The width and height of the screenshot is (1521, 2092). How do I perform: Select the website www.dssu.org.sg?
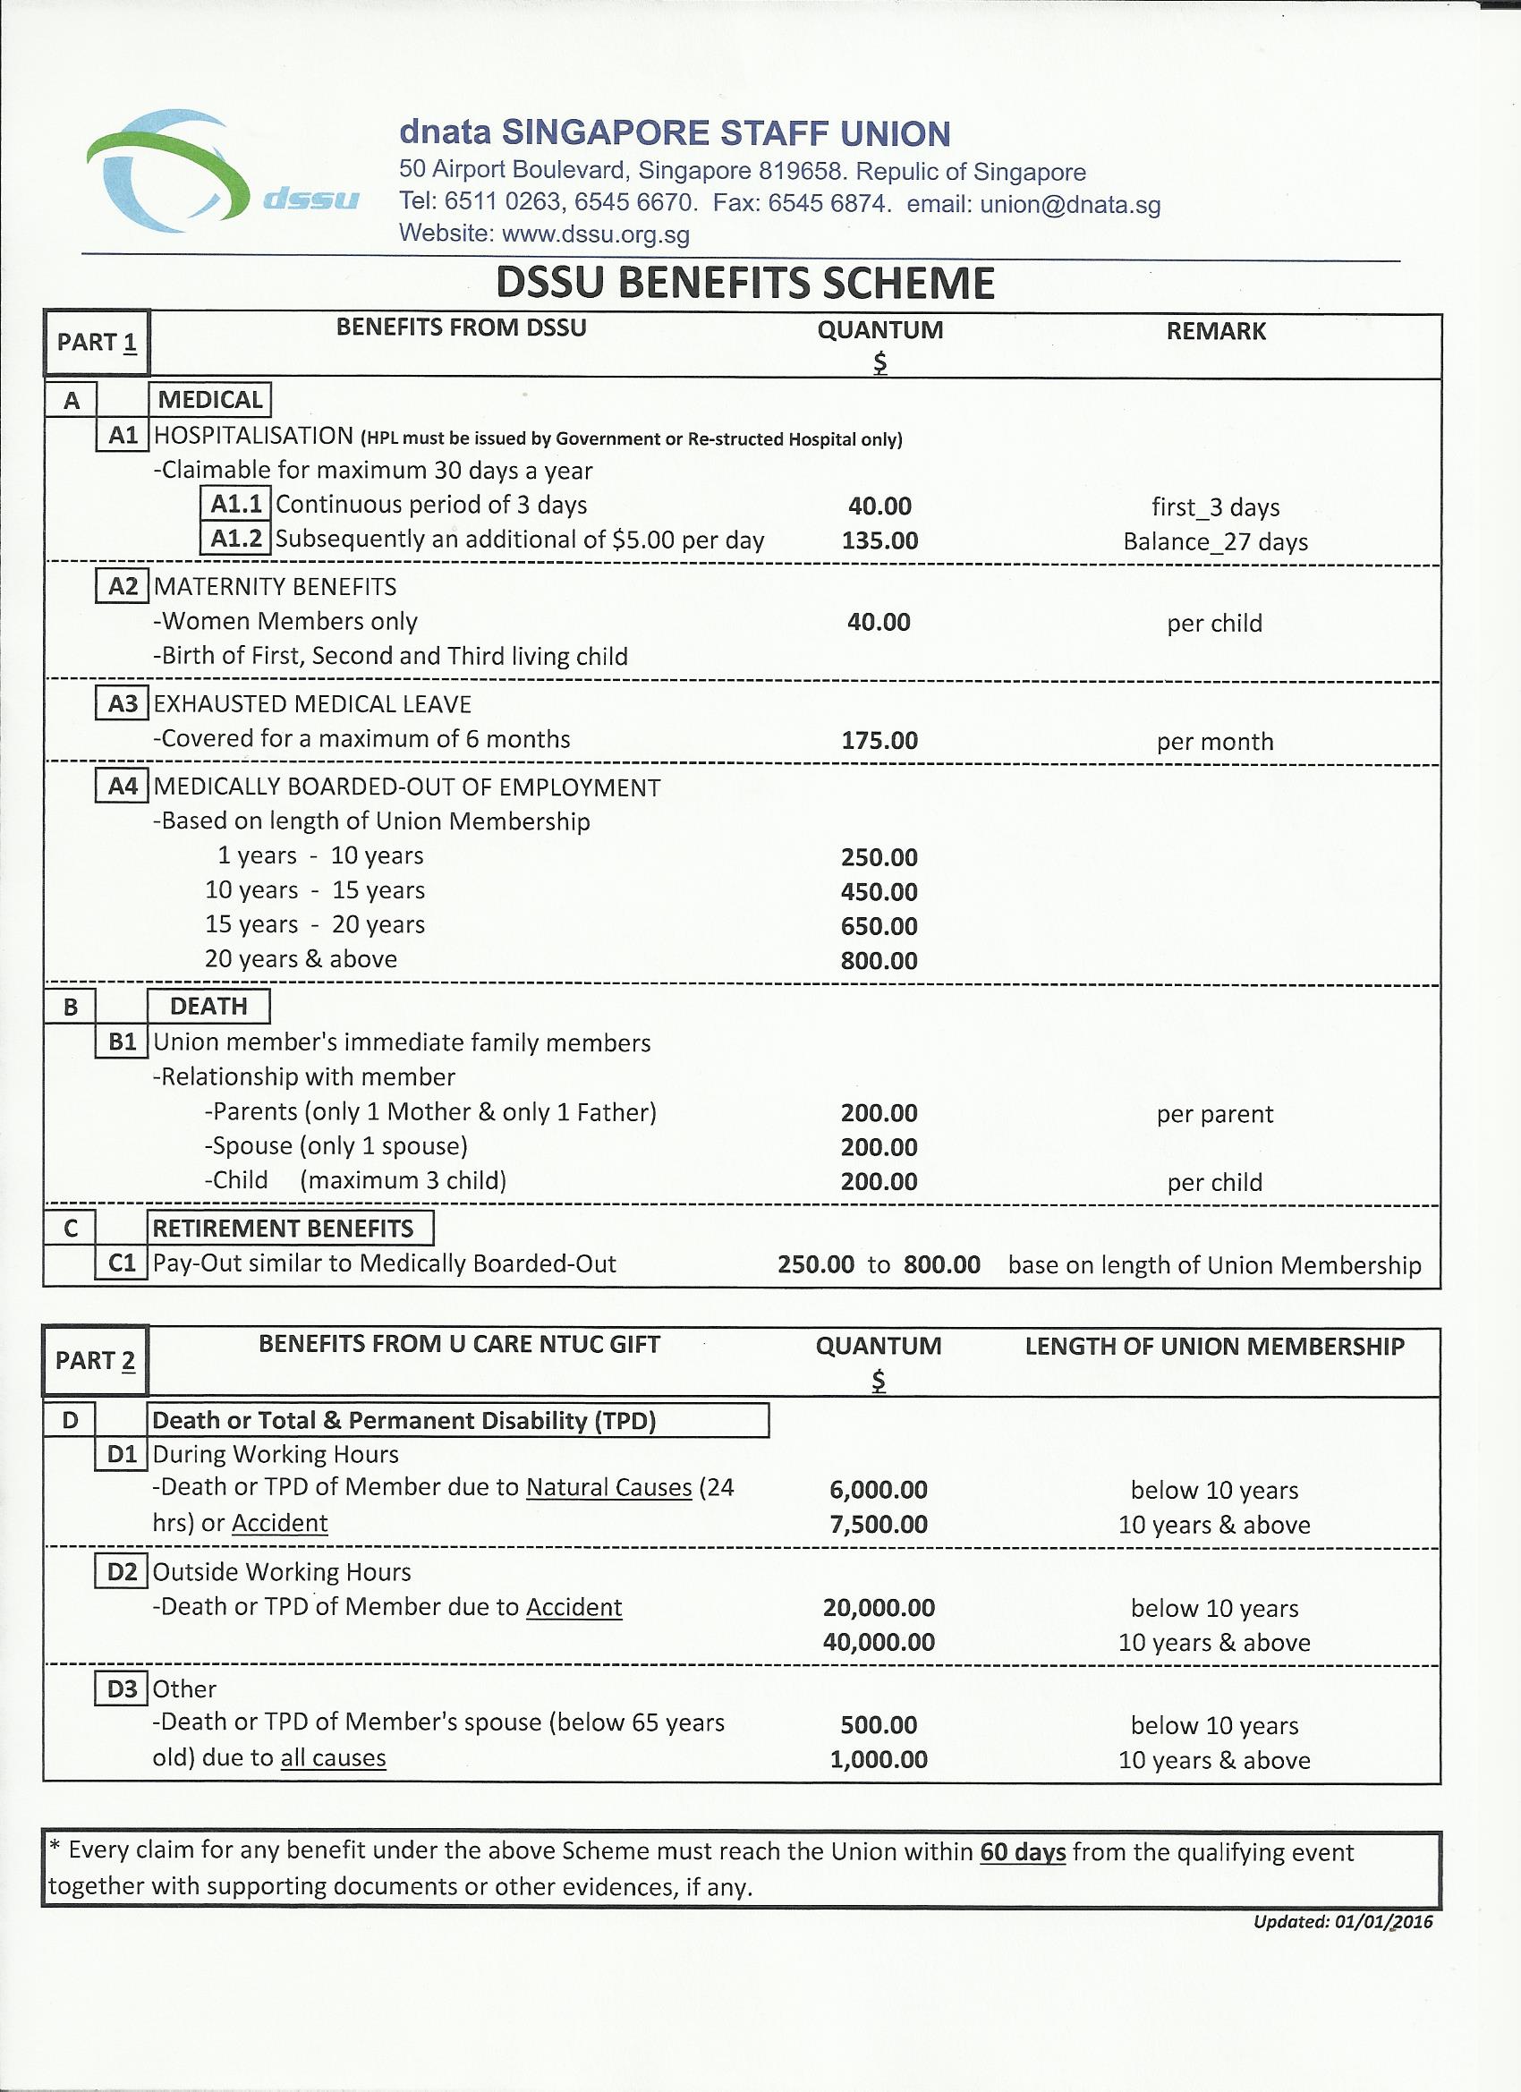pos(595,234)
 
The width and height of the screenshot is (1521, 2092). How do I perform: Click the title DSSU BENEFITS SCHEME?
pos(744,283)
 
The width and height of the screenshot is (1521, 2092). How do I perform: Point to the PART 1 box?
pos(97,342)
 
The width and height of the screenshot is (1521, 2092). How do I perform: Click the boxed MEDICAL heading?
pos(210,399)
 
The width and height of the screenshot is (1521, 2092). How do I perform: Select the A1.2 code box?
pos(236,539)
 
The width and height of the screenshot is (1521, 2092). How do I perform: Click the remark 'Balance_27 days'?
pos(1215,541)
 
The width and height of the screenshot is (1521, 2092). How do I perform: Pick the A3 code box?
pos(123,705)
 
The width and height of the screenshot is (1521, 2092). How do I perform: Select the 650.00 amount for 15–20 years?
pos(879,926)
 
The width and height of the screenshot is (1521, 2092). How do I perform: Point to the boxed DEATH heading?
pos(209,1007)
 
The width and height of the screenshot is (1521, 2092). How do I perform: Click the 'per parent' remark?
pos(1215,1114)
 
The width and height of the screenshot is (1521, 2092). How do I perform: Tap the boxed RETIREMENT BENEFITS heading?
pos(283,1229)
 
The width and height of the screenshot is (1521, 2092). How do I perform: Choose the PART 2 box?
pos(95,1361)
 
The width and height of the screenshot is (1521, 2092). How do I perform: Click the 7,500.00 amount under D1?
pos(879,1525)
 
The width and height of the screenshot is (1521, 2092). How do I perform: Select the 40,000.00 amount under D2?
pos(879,1642)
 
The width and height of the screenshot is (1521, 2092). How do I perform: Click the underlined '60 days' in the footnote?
pos(1022,1852)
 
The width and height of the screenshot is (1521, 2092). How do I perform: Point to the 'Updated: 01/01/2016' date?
pos(1343,1922)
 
